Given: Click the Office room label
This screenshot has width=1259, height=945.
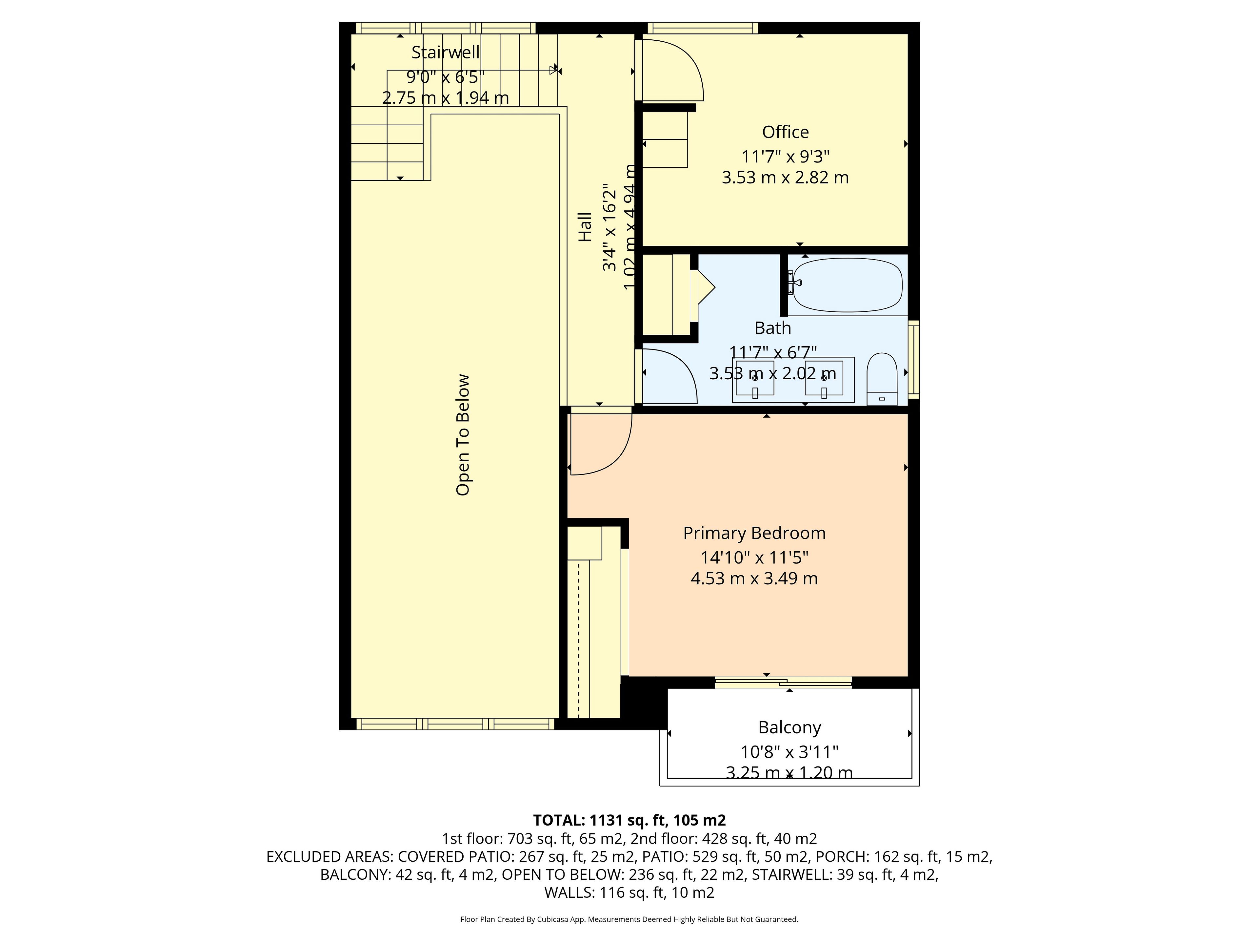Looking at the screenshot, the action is [x=786, y=132].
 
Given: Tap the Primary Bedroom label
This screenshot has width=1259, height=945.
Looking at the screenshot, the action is [x=754, y=533].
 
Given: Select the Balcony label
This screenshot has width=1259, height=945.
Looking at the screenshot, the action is [x=789, y=727].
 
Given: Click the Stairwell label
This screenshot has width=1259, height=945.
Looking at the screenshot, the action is [x=446, y=52].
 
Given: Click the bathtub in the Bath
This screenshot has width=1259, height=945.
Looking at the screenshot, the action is [x=848, y=285].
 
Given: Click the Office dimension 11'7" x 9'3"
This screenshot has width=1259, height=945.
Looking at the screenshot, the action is [x=786, y=156].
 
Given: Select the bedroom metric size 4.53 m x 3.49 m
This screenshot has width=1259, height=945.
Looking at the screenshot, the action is [x=754, y=579].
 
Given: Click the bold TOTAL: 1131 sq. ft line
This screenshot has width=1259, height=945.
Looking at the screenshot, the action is [x=629, y=820].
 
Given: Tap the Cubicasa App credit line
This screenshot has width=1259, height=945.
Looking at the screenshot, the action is [x=629, y=919].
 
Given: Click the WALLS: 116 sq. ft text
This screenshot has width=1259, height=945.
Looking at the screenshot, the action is [x=629, y=892].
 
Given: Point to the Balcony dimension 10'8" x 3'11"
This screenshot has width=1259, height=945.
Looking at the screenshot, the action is [x=789, y=752].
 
